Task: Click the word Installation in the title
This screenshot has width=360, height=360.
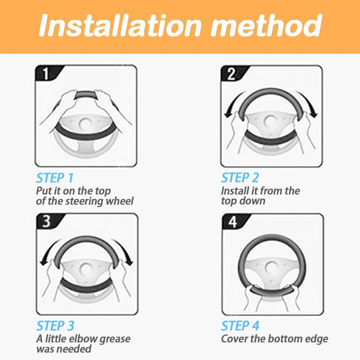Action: point(120,26)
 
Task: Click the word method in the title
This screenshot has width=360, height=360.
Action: point(267,26)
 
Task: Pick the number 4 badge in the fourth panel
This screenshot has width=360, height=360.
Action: point(234,222)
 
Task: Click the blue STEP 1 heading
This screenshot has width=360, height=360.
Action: point(54,178)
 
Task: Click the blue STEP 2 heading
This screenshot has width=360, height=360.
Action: point(240,178)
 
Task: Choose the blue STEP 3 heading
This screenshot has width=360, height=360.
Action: point(55,325)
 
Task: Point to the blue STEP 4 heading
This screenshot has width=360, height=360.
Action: point(240,325)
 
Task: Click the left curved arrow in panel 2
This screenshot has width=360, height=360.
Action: point(232,103)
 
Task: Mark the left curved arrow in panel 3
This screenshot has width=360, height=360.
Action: point(48,251)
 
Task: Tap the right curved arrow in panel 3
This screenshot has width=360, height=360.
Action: point(126,251)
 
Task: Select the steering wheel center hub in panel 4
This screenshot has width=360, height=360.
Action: point(271,267)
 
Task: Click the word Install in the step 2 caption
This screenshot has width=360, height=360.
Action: point(234,191)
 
